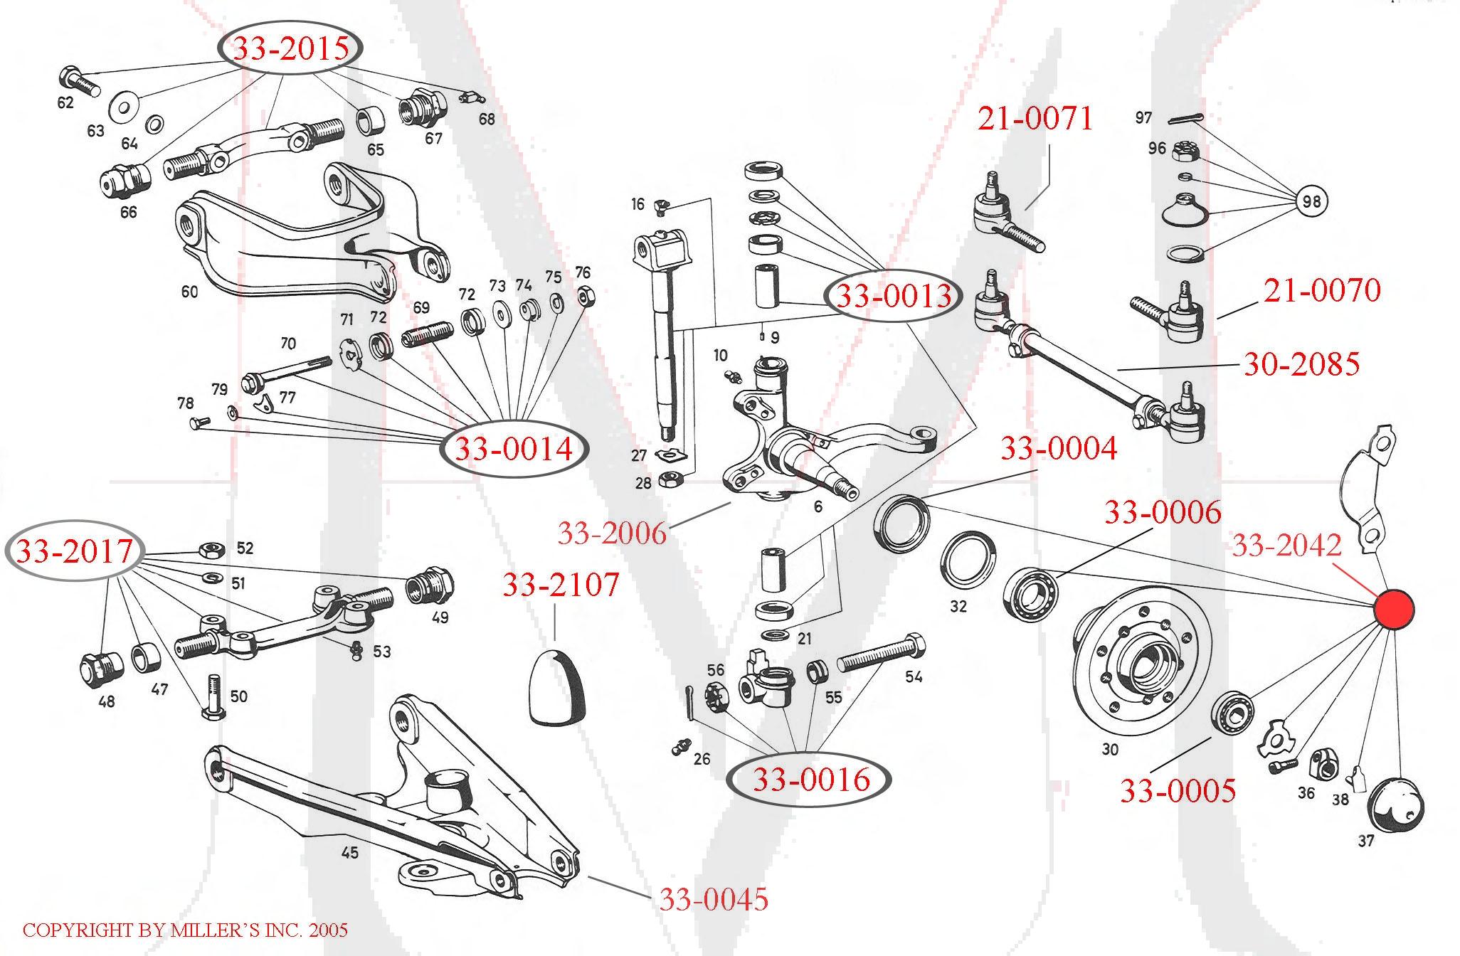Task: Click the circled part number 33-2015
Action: click(291, 48)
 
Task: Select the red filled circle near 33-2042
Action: click(1393, 610)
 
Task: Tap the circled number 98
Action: click(1311, 201)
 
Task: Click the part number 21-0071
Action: click(1035, 118)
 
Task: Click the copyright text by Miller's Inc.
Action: click(185, 930)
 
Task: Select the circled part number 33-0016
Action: click(811, 780)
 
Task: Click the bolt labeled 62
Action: click(79, 83)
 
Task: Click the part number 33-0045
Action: click(714, 900)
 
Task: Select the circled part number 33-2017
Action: click(75, 551)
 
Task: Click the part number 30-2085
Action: click(1301, 363)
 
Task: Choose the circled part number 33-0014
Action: click(514, 449)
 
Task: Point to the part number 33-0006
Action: click(1162, 512)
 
